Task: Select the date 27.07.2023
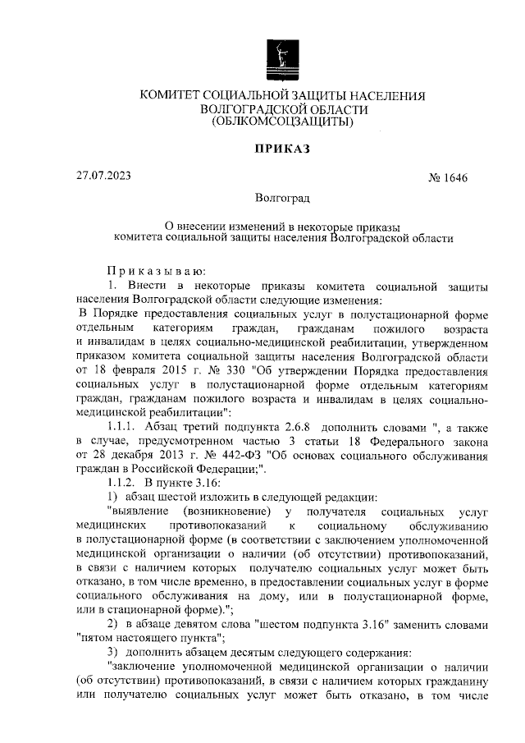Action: point(103,175)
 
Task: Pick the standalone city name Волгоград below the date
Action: point(282,200)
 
